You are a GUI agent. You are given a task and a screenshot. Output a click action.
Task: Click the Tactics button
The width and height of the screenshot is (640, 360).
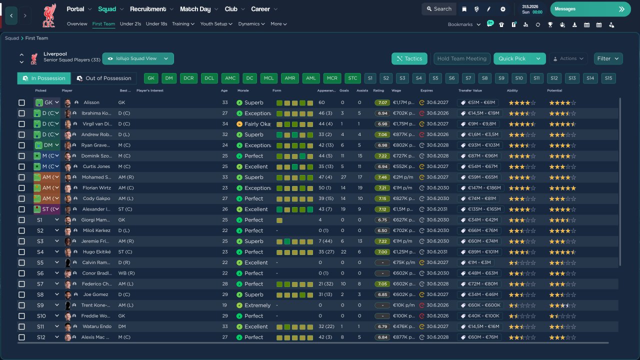tap(409, 58)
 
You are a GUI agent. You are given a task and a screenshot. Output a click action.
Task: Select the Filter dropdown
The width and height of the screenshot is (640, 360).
tap(608, 58)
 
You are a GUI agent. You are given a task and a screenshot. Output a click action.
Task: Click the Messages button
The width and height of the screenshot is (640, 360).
tap(590, 9)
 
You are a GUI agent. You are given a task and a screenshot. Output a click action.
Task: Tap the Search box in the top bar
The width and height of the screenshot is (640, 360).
tap(438, 9)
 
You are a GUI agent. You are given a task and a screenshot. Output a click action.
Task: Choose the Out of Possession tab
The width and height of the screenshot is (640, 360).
tap(104, 78)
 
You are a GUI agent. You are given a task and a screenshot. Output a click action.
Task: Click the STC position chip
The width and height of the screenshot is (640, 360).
tap(352, 78)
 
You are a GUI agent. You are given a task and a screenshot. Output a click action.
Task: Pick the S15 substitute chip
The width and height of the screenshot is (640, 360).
tap(607, 78)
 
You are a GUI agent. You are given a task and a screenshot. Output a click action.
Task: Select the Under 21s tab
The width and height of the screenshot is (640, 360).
tap(130, 24)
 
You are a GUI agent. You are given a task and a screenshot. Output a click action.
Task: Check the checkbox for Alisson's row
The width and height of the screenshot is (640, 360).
tap(21, 102)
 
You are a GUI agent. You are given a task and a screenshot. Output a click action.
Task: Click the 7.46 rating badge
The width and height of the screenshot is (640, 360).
tap(382, 177)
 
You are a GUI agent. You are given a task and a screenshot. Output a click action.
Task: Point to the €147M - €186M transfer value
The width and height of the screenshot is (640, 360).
tap(480, 188)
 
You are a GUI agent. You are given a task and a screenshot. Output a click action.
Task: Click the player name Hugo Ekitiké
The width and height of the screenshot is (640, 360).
tap(96, 252)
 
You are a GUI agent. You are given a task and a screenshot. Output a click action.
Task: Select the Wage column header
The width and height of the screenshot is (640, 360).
tap(396, 90)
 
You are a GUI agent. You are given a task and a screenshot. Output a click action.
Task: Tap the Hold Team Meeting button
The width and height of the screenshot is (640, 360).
tap(461, 58)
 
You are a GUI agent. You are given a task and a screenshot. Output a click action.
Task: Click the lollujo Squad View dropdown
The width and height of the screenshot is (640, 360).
tap(138, 58)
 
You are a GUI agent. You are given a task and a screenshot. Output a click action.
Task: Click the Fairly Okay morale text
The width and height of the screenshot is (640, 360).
tap(257, 124)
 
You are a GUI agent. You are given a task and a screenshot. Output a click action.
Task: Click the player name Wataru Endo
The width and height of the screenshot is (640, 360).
tap(96, 326)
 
